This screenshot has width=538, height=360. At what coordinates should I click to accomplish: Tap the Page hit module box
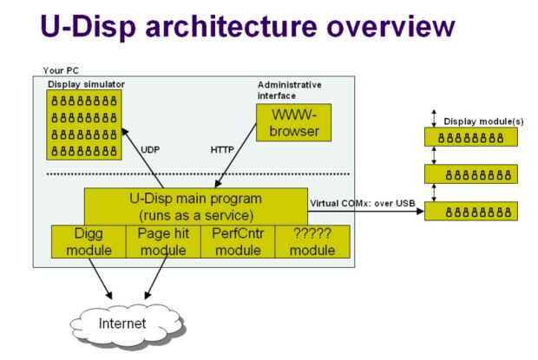(x=162, y=241)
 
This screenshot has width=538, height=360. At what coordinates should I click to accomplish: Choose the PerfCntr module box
(x=237, y=241)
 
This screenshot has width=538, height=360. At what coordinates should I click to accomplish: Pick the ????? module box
(x=312, y=241)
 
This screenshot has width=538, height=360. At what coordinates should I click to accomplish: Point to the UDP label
(x=150, y=149)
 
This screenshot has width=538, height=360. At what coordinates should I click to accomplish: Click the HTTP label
(x=222, y=149)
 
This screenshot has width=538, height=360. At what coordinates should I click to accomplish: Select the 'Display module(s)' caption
(x=483, y=121)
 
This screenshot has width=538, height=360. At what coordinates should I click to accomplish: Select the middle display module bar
(x=470, y=174)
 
